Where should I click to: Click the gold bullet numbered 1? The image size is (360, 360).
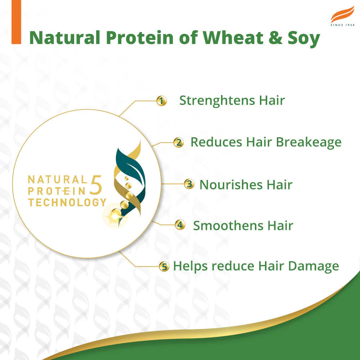(162, 101)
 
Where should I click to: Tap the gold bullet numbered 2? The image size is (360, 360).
(178, 143)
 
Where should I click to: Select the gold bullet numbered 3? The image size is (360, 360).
(189, 184)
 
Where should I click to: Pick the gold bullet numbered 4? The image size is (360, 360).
(180, 225)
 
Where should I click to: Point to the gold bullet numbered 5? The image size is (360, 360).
(164, 267)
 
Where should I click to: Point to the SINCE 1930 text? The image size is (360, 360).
(342, 25)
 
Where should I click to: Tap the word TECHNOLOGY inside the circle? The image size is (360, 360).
(67, 202)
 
